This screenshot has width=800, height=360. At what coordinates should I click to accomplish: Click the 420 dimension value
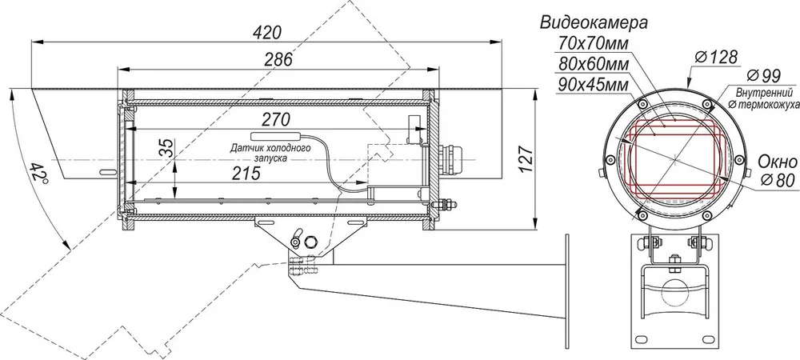(267, 33)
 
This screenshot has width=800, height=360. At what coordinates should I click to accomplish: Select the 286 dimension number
(278, 60)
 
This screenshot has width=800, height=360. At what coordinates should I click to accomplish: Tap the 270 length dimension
(276, 119)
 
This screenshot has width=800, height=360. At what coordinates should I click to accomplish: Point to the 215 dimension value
(246, 174)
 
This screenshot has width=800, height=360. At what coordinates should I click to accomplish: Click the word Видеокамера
(594, 22)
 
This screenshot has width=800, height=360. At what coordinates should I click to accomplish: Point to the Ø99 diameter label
(763, 76)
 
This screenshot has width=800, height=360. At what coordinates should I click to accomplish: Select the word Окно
(777, 162)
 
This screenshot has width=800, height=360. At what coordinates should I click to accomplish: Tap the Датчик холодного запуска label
(270, 153)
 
